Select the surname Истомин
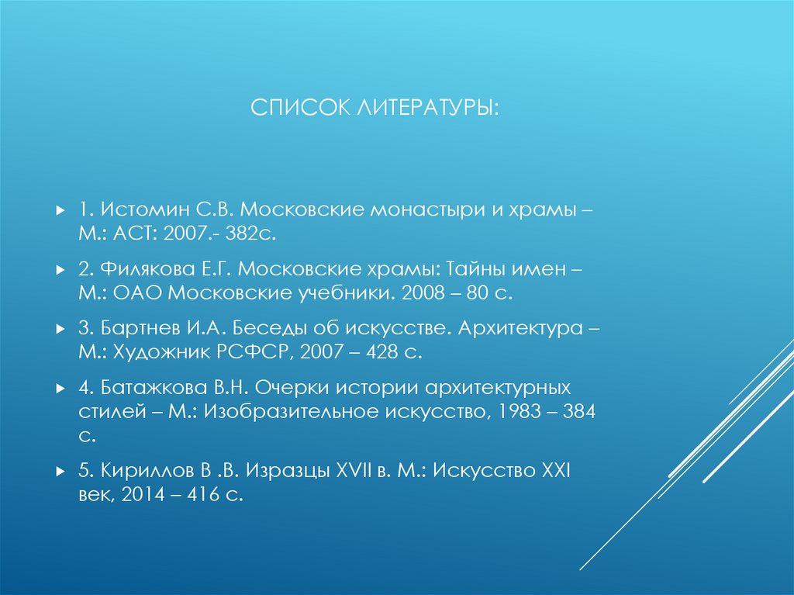click(144, 210)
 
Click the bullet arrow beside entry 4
click(61, 387)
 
